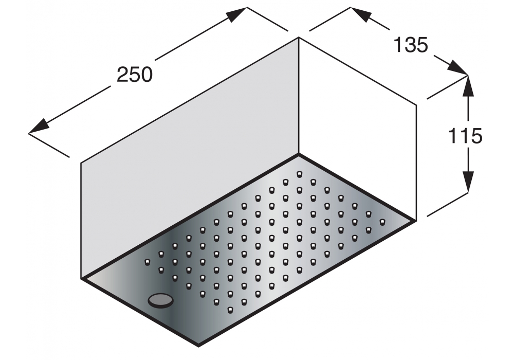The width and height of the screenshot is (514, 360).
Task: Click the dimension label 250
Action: tap(135, 75)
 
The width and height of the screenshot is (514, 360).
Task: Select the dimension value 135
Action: tap(411, 45)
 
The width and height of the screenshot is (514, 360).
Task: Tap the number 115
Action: tap(465, 135)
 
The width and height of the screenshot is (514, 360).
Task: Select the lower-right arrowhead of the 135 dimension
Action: tap(457, 68)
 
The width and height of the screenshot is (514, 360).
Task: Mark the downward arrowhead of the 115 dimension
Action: tap(468, 182)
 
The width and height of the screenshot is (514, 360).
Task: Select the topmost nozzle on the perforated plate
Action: tap(299, 174)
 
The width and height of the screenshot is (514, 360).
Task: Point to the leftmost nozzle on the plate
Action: tap(147, 262)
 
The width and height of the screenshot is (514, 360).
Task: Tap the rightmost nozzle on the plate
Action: tap(382, 222)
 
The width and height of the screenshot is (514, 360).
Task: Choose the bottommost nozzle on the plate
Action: tap(230, 309)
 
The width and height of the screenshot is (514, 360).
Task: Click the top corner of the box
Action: tap(299, 38)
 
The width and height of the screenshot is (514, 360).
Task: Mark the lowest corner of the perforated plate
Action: tap(198, 346)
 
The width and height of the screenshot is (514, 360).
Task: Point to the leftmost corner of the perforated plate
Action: tap(81, 278)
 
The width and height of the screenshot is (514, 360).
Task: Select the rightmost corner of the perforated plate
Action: tap(416, 221)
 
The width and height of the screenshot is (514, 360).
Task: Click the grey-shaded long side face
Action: tap(190, 157)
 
